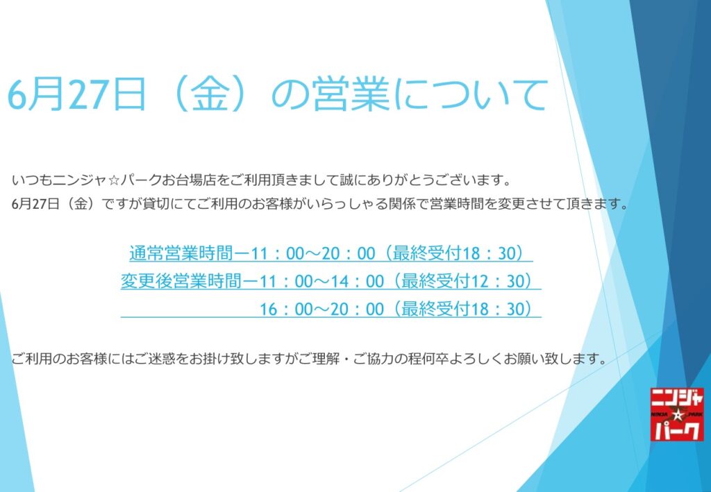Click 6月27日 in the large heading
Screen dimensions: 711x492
76,94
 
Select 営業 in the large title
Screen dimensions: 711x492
351,94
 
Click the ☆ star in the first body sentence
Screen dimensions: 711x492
114,180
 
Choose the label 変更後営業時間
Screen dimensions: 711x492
181,281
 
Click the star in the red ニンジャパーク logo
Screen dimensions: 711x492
678,414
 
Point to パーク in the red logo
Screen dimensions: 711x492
677,430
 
